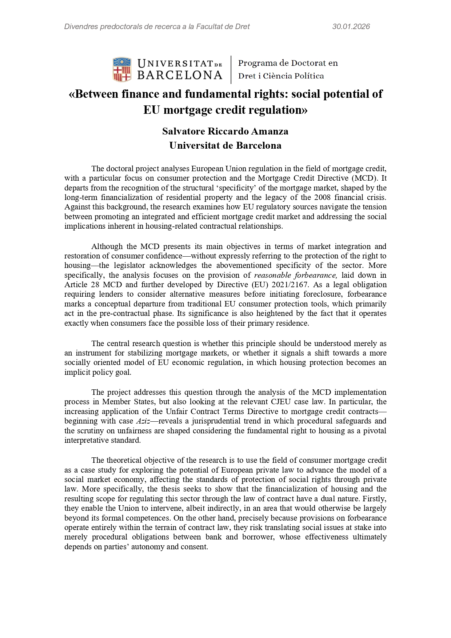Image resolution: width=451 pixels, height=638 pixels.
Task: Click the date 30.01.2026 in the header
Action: point(351,27)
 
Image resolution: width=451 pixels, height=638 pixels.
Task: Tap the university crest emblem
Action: point(122,69)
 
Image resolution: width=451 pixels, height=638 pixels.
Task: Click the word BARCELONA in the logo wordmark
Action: point(180,75)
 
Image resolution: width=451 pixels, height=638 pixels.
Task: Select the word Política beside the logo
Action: point(309,76)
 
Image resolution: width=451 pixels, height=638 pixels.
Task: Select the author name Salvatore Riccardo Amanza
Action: point(225,131)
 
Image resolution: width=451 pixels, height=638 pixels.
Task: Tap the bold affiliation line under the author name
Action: point(225,145)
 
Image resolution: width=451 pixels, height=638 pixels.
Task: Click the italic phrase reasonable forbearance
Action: point(296,275)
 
